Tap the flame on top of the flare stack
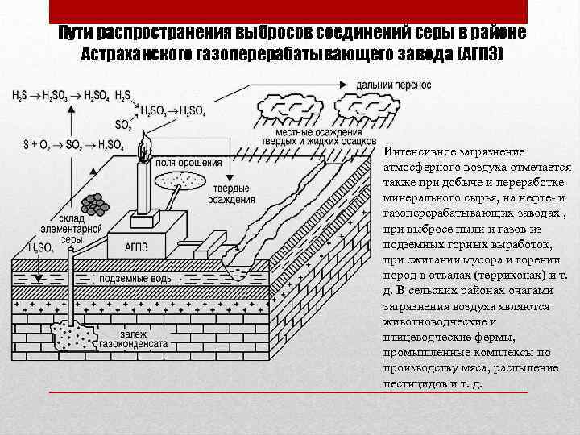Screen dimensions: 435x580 144,150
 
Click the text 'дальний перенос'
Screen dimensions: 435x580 396,84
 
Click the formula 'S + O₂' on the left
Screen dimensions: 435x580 38,145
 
